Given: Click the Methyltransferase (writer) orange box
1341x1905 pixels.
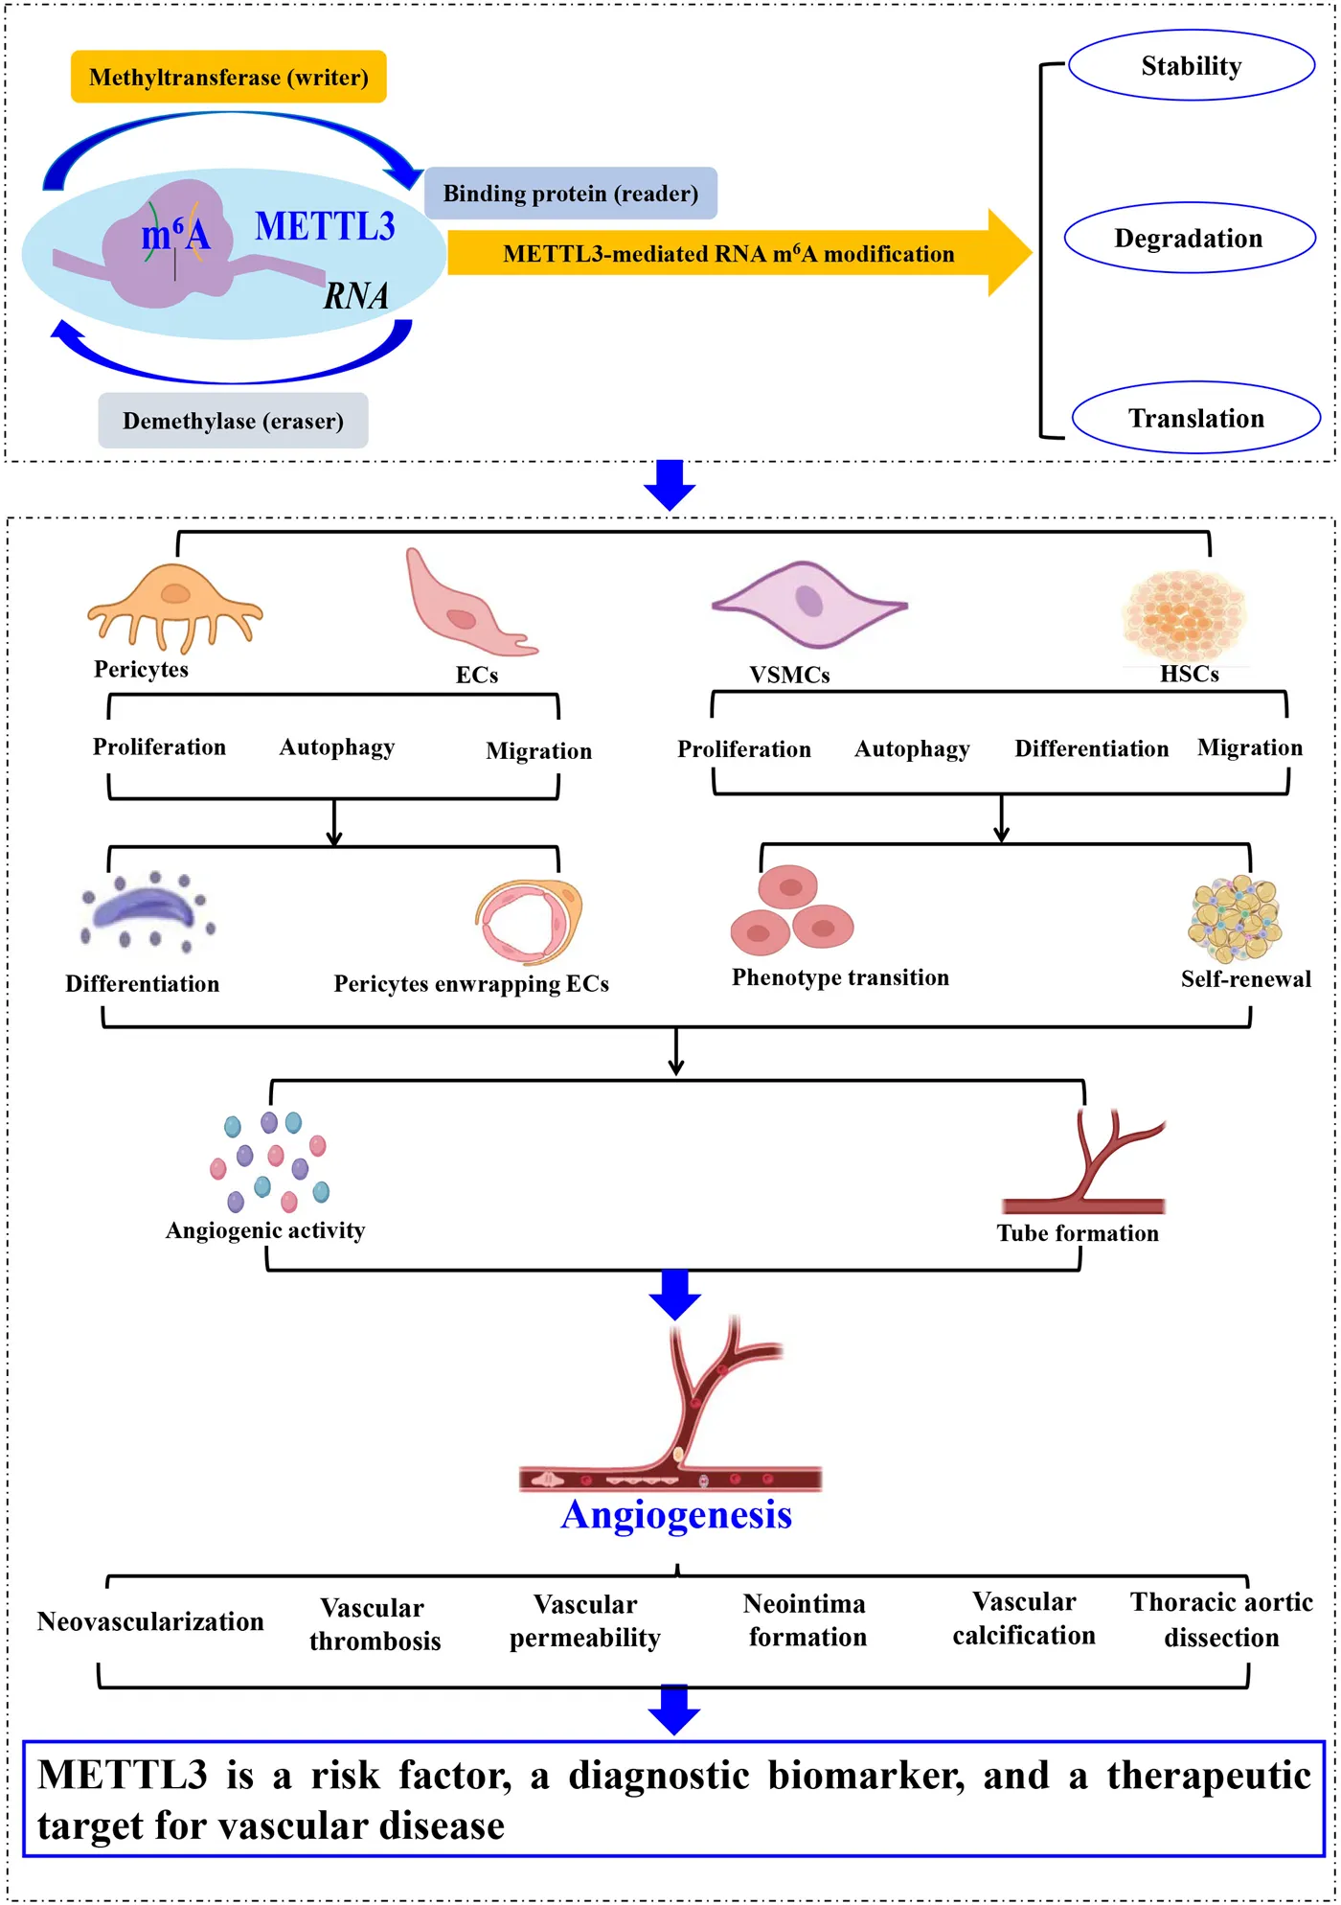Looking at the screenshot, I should click(228, 77).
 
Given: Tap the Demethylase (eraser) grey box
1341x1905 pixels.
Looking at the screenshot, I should click(233, 421).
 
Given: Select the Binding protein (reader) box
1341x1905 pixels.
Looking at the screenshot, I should click(570, 194).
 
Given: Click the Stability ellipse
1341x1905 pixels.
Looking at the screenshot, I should click(1191, 65).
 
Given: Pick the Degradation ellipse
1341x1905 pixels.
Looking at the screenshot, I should click(1189, 238).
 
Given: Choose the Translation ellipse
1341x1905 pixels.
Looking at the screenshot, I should click(1195, 418).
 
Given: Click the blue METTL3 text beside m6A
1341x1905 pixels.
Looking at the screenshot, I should click(325, 226).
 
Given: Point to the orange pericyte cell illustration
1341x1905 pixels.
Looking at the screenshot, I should click(174, 605).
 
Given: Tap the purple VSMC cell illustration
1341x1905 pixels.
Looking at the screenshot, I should click(809, 604).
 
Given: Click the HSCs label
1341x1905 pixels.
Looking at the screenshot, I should click(1189, 674).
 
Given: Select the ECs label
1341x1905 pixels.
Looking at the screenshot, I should click(476, 675).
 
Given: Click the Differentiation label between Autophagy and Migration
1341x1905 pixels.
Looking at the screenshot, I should click(1091, 748).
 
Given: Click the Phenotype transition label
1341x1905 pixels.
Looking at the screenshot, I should click(840, 977).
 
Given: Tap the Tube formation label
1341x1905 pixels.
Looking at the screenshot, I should click(1078, 1233).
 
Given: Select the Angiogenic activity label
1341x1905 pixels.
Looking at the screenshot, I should click(265, 1230).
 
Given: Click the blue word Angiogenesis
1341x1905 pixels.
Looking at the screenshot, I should click(676, 1515).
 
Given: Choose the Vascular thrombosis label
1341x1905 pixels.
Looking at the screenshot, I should click(375, 1624).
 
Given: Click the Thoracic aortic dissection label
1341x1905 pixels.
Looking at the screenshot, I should click(1221, 1619).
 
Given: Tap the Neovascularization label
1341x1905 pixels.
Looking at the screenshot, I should click(150, 1621).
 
